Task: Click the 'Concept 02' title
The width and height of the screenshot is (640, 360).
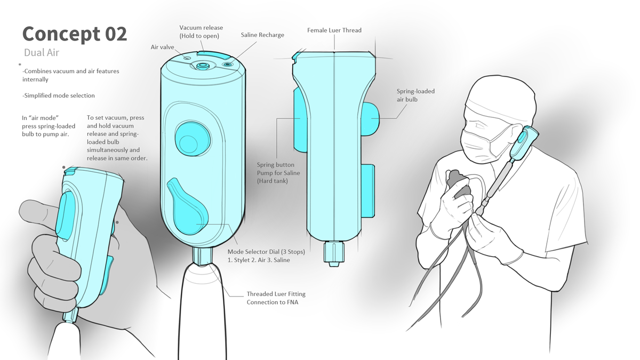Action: (x=75, y=35)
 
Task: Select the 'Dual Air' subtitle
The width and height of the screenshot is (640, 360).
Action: (x=42, y=53)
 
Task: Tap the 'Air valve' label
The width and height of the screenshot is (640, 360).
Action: (x=162, y=47)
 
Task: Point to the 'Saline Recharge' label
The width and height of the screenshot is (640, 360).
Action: (x=262, y=35)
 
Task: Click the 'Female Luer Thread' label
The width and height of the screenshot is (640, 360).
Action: (x=334, y=30)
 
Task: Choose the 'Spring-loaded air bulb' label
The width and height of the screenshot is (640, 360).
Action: (x=415, y=95)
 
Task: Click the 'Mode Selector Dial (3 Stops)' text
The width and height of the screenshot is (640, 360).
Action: (x=266, y=252)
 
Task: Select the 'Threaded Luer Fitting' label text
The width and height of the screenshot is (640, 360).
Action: (x=276, y=294)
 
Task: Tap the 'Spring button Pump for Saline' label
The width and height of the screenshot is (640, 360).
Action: (x=278, y=169)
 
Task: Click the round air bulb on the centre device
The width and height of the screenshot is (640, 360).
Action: (x=193, y=139)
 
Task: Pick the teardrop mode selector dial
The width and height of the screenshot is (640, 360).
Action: (x=188, y=207)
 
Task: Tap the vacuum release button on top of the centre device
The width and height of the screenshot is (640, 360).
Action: (x=211, y=54)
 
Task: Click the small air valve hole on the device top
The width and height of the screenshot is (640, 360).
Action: (x=187, y=58)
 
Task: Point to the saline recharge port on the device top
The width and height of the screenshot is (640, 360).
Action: (x=227, y=65)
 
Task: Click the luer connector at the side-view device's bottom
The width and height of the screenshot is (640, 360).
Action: (x=333, y=254)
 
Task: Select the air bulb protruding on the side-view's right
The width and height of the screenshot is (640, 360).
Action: (x=371, y=118)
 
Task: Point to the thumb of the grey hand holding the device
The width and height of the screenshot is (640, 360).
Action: (x=40, y=212)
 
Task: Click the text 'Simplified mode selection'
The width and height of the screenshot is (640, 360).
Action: (x=59, y=95)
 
